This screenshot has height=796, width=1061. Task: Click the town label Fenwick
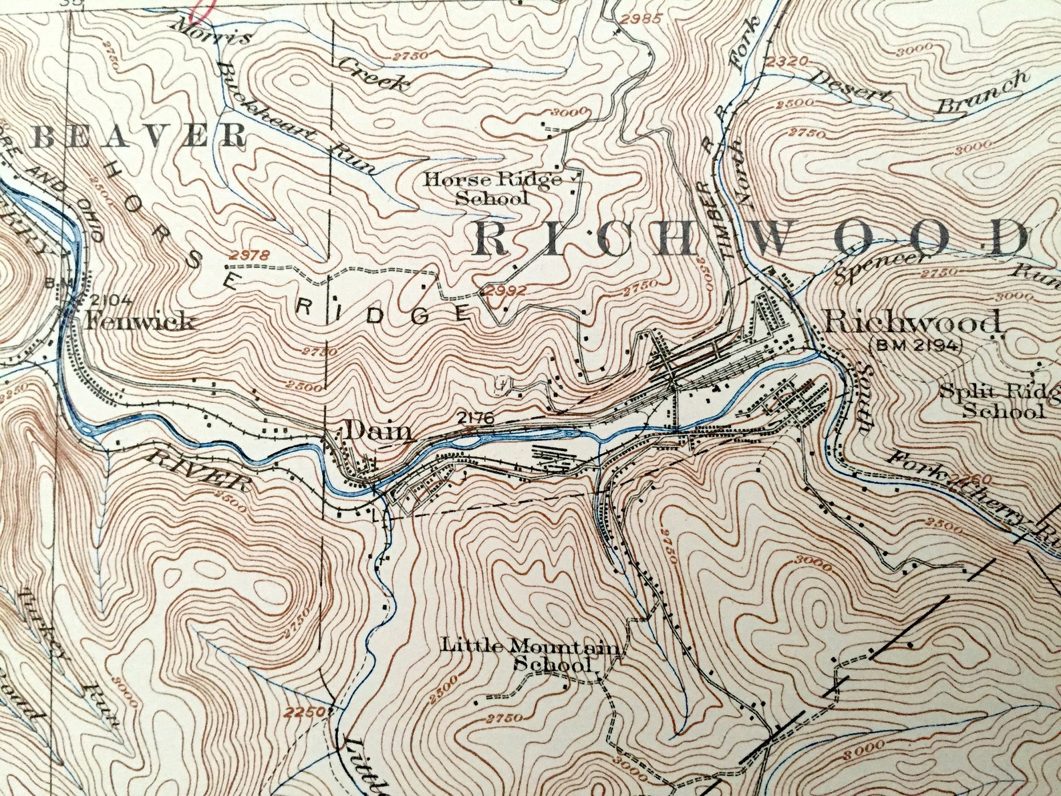pos(140,322)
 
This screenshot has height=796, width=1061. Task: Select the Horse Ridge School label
pos(492,188)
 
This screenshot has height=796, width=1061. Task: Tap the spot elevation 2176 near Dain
pos(475,419)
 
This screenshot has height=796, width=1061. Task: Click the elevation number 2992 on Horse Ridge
pos(506,291)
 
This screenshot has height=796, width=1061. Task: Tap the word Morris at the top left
pos(211,31)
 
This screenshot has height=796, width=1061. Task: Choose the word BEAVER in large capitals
pos(139,136)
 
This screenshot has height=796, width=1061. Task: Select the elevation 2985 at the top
pos(640,18)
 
